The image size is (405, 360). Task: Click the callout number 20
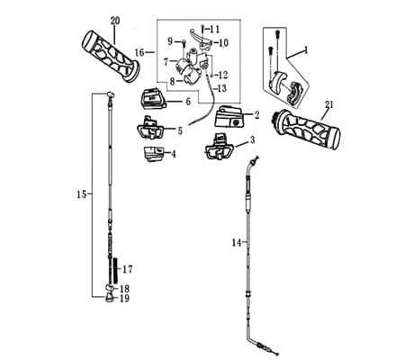point(114,20)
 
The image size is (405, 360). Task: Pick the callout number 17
point(127,268)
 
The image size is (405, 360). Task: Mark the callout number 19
point(124,299)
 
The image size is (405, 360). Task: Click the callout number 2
point(256,114)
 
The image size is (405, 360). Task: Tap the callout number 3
point(252,139)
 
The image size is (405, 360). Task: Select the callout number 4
point(174,154)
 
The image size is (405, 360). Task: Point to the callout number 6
point(188,102)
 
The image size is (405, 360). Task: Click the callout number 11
point(226,30)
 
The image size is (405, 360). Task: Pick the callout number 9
point(170,41)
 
